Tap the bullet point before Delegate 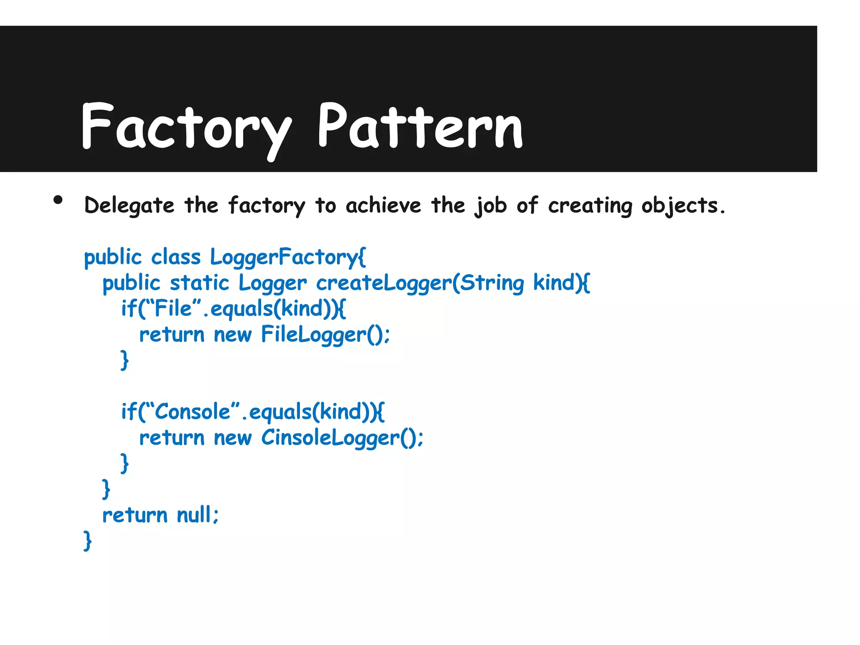pyautogui.click(x=58, y=200)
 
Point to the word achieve pyautogui.click(x=383, y=206)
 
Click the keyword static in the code pyautogui.click(x=199, y=283)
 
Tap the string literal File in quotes pyautogui.click(x=173, y=309)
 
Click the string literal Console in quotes pyautogui.click(x=193, y=412)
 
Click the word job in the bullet pyautogui.click(x=490, y=206)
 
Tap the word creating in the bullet pyautogui.click(x=590, y=206)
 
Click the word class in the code pyautogui.click(x=176, y=257)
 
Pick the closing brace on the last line pyautogui.click(x=87, y=541)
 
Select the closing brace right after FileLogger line pyautogui.click(x=124, y=360)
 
